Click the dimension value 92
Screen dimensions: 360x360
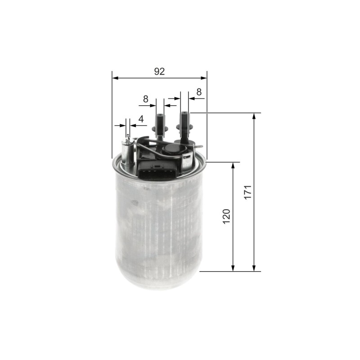(159, 72)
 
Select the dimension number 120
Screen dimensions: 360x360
(226, 216)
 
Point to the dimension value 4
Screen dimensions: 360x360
(141, 119)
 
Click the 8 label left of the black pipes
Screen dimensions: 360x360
(145, 99)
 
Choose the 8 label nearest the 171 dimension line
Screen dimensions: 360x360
(199, 92)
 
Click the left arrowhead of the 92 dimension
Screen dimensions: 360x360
(115, 78)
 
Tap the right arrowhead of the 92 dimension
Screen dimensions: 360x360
(204, 78)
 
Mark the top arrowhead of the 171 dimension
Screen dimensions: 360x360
(254, 116)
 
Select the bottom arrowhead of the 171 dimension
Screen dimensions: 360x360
(254, 268)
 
